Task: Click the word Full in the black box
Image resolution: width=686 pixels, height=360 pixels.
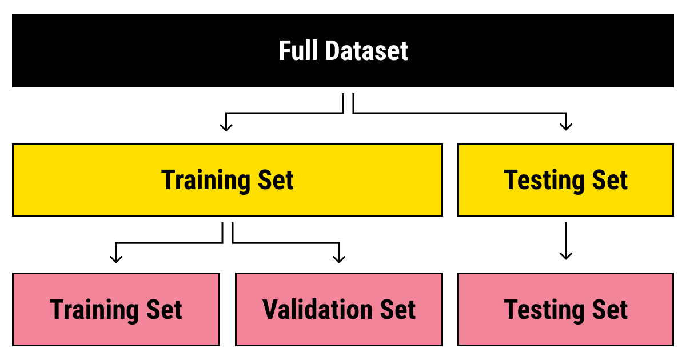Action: click(x=299, y=51)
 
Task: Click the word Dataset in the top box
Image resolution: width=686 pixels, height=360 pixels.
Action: click(x=367, y=51)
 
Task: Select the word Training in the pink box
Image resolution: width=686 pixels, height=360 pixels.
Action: click(x=92, y=309)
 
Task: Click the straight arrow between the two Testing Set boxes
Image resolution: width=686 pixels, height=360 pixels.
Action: click(x=566, y=241)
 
